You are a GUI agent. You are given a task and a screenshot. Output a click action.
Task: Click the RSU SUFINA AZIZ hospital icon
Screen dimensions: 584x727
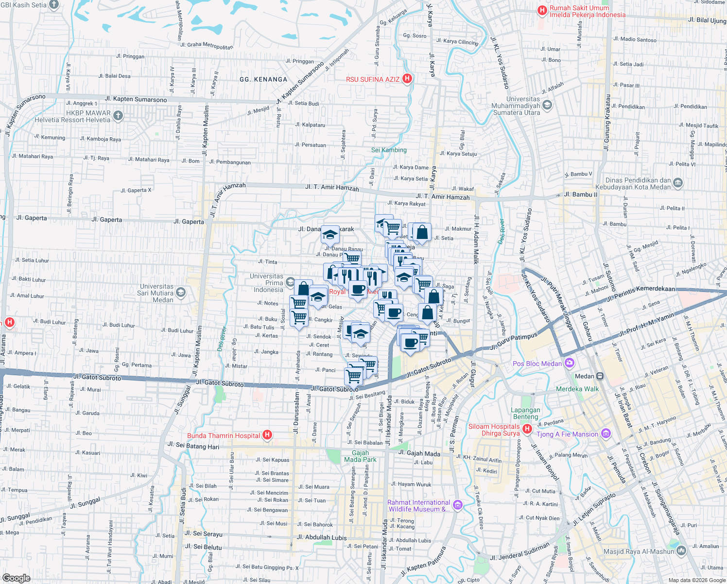pyautogui.click(x=407, y=79)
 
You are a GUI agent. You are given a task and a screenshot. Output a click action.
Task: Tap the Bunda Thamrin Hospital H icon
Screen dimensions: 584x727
pyautogui.click(x=267, y=435)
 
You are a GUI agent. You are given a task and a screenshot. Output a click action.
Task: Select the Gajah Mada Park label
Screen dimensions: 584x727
pyautogui.click(x=360, y=456)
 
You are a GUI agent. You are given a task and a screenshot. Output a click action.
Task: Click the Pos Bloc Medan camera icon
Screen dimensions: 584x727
pyautogui.click(x=570, y=363)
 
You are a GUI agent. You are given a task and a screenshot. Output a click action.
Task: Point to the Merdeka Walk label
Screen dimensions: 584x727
pyautogui.click(x=577, y=389)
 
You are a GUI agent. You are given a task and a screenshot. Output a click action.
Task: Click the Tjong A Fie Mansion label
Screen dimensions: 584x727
pyautogui.click(x=567, y=434)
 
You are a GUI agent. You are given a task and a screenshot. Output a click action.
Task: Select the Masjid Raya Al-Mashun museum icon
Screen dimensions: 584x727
pyautogui.click(x=681, y=551)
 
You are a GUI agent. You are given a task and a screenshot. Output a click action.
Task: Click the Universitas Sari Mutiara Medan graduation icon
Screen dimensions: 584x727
pyautogui.click(x=181, y=292)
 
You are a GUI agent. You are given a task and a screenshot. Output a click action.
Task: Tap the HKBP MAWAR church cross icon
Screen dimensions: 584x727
pyautogui.click(x=118, y=116)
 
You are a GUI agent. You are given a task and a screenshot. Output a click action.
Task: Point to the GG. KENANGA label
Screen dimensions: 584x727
pyautogui.click(x=263, y=79)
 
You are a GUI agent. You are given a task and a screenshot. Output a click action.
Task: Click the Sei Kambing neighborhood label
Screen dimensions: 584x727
pyautogui.click(x=389, y=150)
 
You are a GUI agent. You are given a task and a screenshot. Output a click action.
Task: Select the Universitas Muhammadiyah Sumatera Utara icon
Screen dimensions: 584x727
pyautogui.click(x=547, y=105)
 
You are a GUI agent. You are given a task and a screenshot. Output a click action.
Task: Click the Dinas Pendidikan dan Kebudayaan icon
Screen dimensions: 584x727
pyautogui.click(x=678, y=183)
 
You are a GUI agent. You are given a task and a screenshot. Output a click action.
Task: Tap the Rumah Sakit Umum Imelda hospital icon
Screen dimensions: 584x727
pyautogui.click(x=542, y=11)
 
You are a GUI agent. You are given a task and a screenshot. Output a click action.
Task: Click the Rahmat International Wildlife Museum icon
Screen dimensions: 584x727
pyautogui.click(x=457, y=506)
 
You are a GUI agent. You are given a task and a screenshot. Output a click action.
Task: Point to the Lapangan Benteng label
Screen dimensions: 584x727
pyautogui.click(x=525, y=413)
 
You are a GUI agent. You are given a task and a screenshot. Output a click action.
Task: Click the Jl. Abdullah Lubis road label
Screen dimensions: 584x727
pyautogui.click(x=321, y=538)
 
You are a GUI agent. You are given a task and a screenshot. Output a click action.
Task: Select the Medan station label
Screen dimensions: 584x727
pyautogui.click(x=584, y=376)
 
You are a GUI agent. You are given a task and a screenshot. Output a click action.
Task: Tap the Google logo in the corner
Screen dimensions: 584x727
pyautogui.click(x=17, y=578)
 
